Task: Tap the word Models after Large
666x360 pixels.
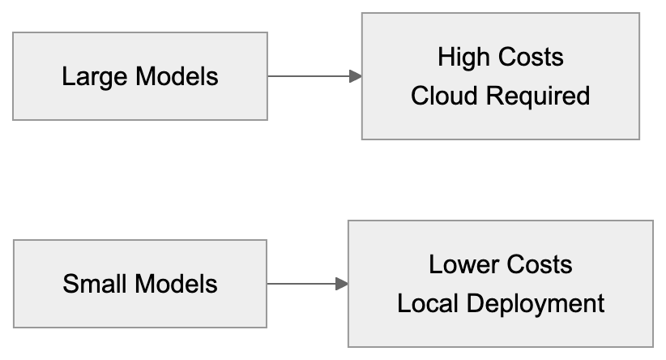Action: [177, 77]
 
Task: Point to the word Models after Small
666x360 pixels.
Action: [177, 285]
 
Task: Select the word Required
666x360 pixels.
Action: [538, 96]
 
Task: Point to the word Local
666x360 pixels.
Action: [428, 304]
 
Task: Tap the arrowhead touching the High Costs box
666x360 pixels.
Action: [355, 76]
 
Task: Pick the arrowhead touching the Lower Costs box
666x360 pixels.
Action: [342, 284]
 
